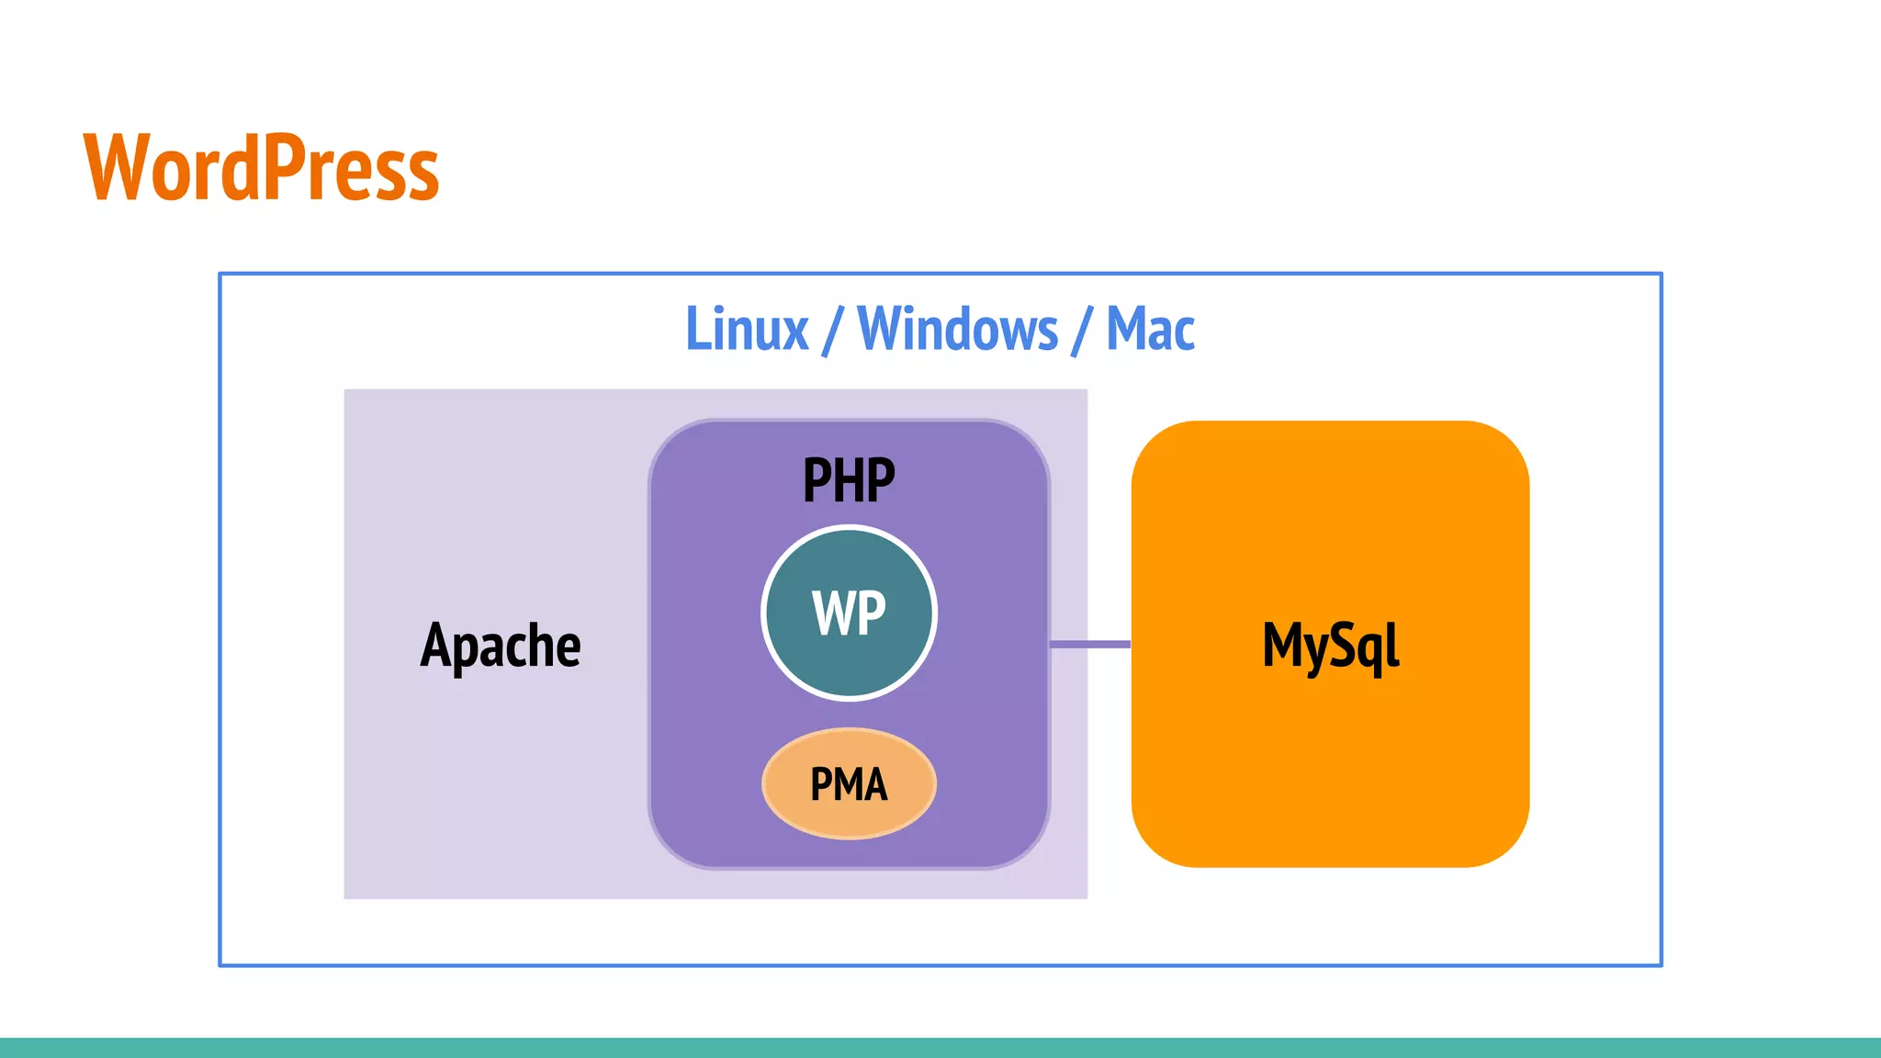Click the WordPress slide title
[x=261, y=167]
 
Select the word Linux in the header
[x=747, y=329]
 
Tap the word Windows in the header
[x=957, y=329]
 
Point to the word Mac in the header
[x=1150, y=329]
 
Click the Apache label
[x=501, y=646]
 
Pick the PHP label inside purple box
[x=849, y=480]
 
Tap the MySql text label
[x=1330, y=646]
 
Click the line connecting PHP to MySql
[x=1090, y=644]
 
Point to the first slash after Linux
[x=832, y=331]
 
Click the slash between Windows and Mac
[x=1082, y=331]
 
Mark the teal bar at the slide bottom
[x=940, y=1048]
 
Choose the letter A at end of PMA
[x=874, y=785]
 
